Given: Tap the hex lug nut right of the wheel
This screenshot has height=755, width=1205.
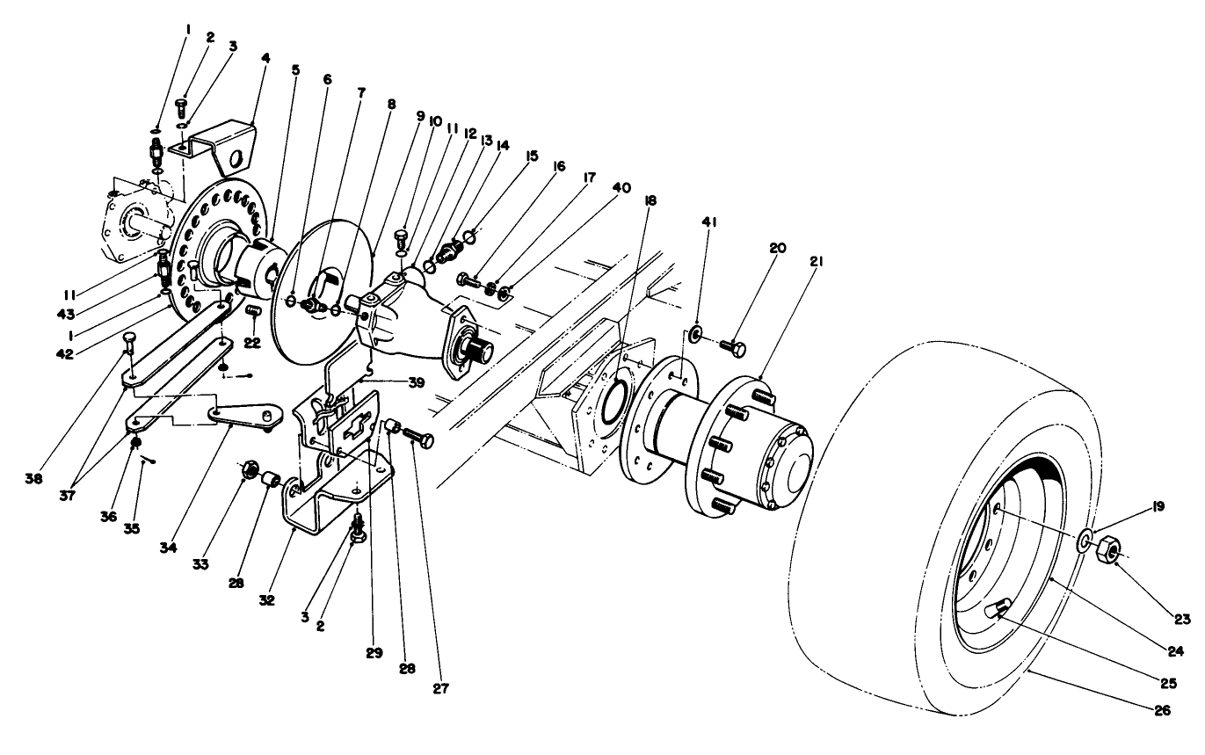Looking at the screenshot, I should point(1110,550).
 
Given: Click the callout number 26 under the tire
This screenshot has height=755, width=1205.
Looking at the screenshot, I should point(1162,711).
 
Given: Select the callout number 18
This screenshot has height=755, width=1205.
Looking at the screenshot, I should point(649,201).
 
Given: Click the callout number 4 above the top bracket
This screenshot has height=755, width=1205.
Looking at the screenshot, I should point(265,59).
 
